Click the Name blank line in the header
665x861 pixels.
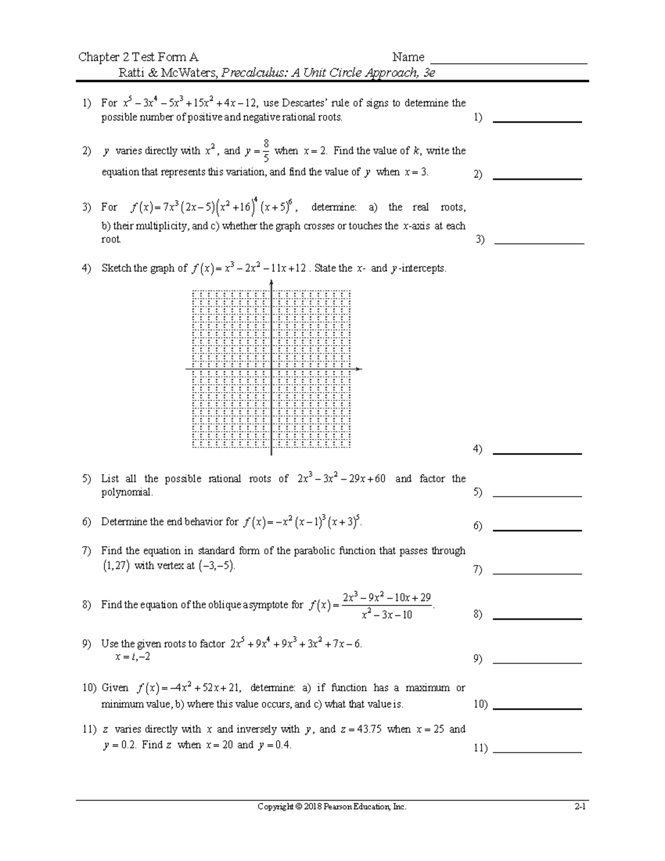pyautogui.click(x=509, y=63)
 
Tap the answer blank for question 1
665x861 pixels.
pyautogui.click(x=536, y=121)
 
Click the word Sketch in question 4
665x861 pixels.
pyautogui.click(x=116, y=268)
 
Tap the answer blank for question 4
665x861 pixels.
pyautogui.click(x=536, y=453)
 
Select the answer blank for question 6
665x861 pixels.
pyautogui.click(x=536, y=530)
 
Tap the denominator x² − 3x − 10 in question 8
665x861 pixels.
pyautogui.click(x=386, y=615)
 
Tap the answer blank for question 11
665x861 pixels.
pyautogui.click(x=536, y=752)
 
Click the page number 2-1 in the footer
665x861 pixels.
pyautogui.click(x=580, y=807)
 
